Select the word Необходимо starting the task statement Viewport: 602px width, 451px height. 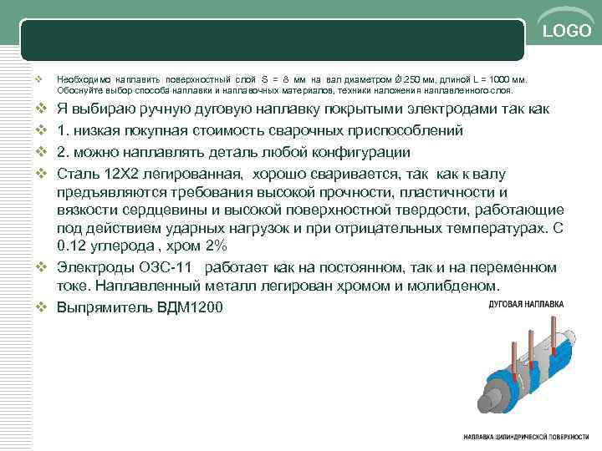pyautogui.click(x=82, y=76)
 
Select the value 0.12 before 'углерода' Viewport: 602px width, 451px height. pyautogui.click(x=72, y=248)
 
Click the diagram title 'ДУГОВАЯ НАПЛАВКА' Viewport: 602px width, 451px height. pyautogui.click(x=526, y=303)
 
